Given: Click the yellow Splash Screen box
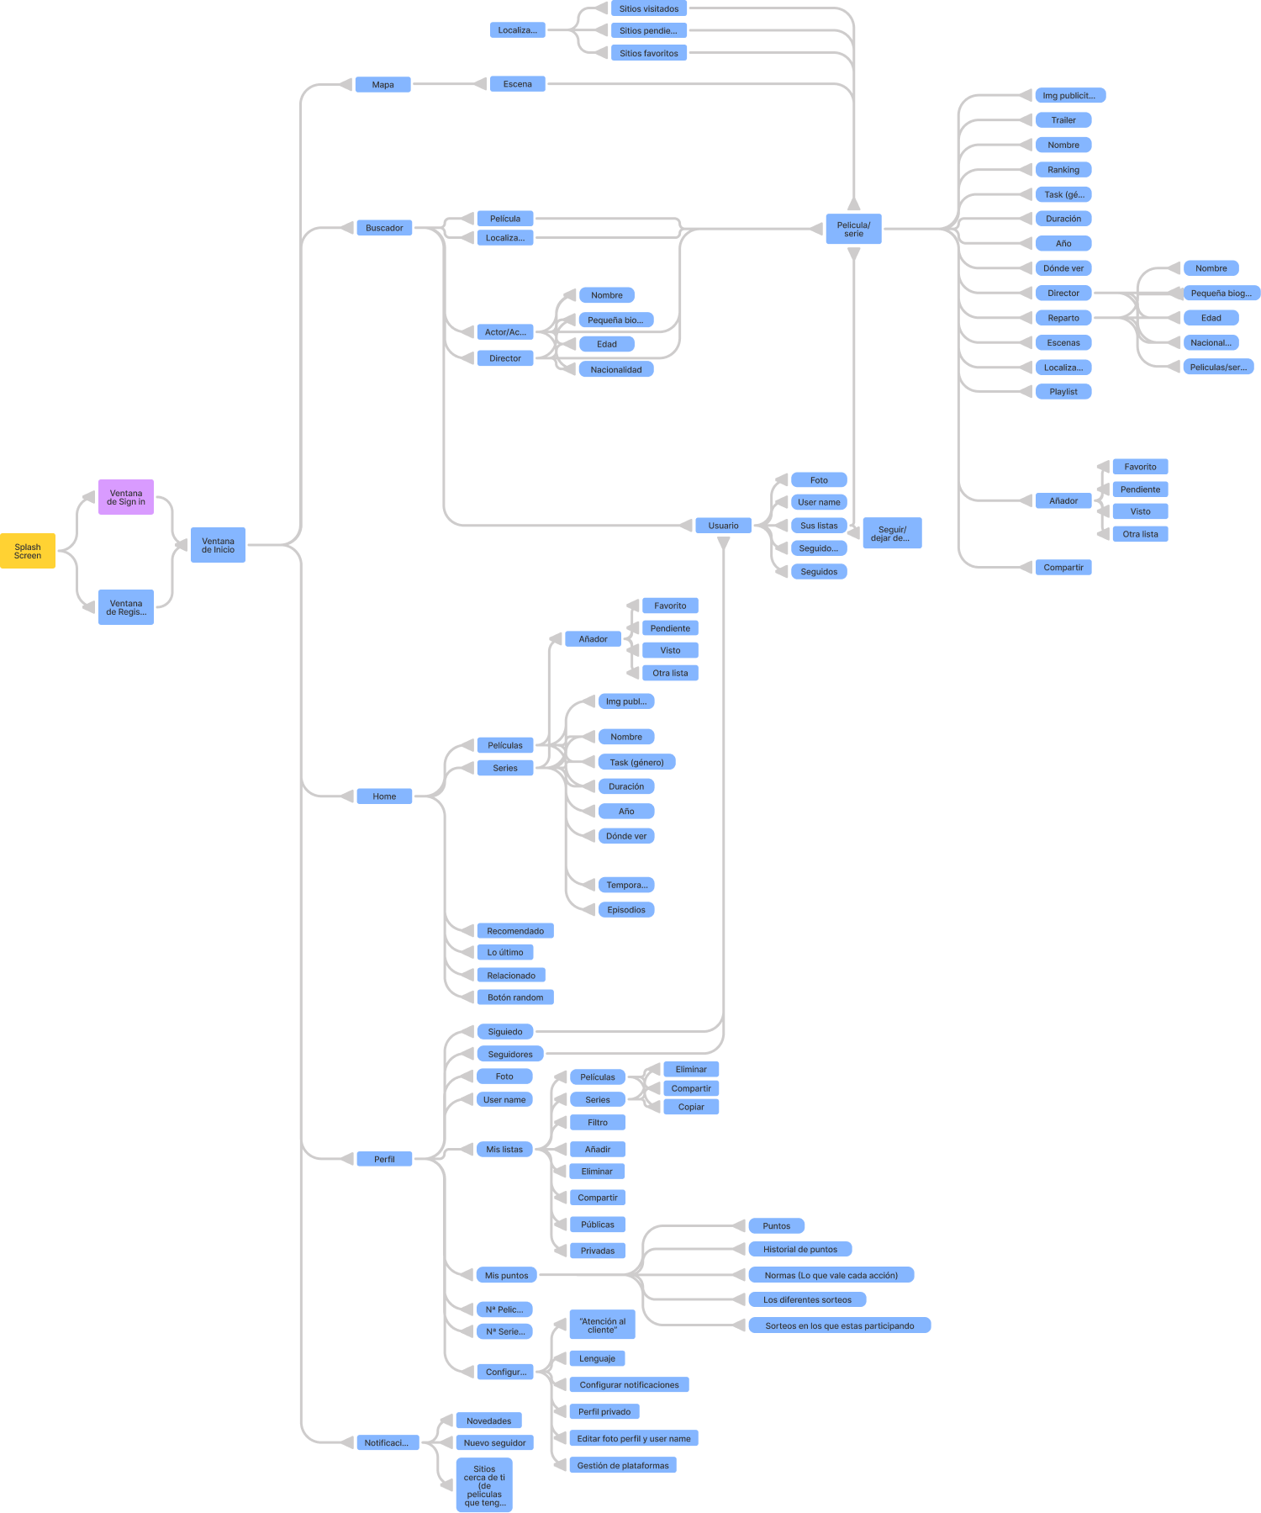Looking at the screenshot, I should tap(28, 551).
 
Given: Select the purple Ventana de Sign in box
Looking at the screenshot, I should tap(126, 497).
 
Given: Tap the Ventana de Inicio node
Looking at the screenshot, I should tap(218, 545).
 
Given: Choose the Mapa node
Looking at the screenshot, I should tap(383, 84).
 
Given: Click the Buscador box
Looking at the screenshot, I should tap(384, 228).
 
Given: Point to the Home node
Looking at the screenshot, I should tap(384, 796).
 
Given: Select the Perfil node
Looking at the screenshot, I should tap(384, 1159).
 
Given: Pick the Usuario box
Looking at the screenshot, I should tap(723, 526).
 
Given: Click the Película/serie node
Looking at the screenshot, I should tap(853, 229).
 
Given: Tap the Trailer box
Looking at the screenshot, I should tap(1063, 120).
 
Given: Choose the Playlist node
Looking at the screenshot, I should tap(1063, 392).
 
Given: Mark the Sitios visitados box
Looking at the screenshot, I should tap(649, 8).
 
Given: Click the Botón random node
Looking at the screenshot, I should tap(515, 997).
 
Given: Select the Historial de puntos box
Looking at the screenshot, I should tap(800, 1249).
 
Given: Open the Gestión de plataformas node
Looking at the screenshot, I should tap(623, 1465).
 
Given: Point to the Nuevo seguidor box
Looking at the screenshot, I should tap(495, 1443).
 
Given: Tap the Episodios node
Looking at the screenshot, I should tap(626, 910).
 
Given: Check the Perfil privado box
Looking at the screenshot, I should tap(604, 1411).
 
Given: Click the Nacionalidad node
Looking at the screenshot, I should tap(616, 369).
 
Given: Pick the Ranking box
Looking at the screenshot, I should tap(1063, 170).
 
